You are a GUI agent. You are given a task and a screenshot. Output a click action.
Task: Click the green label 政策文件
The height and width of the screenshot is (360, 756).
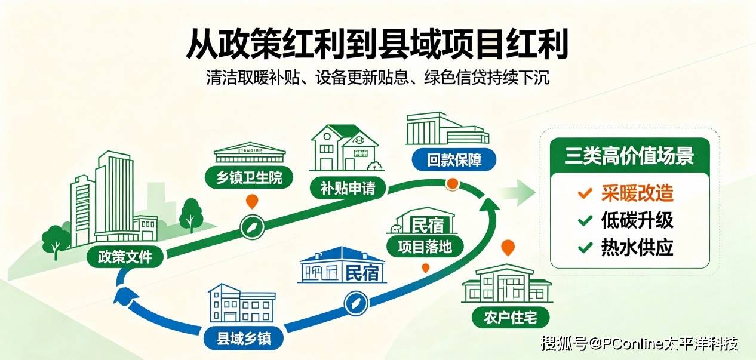[125, 257]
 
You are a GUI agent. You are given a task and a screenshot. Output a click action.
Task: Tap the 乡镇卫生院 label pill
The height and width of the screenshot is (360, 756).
[249, 177]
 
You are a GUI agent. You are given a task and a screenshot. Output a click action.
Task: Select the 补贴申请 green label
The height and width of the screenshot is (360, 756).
[348, 188]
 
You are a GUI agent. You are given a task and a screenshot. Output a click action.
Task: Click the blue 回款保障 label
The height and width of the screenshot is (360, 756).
[454, 159]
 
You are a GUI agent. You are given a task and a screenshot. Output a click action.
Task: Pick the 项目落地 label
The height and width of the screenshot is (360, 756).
[425, 247]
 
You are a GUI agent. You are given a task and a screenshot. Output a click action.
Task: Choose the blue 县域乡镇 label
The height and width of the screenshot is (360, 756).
[244, 339]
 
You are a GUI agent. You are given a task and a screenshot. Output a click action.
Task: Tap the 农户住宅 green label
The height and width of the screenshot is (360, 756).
[511, 318]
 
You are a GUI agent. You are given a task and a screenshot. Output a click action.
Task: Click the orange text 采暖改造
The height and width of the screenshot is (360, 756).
[637, 193]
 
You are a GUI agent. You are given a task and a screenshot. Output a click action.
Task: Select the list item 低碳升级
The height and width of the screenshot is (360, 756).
[637, 220]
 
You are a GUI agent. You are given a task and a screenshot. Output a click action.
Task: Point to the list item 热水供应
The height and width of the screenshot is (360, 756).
[637, 247]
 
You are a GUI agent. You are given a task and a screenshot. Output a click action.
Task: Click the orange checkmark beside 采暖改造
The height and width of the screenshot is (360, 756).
[585, 193]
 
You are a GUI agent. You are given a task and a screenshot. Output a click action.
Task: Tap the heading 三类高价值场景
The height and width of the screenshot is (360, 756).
[629, 156]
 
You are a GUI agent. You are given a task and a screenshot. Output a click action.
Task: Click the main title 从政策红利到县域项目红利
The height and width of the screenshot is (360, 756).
[377, 44]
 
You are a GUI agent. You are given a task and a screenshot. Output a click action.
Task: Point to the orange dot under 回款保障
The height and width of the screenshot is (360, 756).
[452, 184]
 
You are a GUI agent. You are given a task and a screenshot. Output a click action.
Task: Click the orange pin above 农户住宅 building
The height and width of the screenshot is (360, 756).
[508, 247]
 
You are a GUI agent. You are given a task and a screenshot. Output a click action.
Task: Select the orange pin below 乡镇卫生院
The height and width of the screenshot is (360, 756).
[252, 201]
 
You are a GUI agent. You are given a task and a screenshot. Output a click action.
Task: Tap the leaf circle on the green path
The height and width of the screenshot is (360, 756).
[252, 227]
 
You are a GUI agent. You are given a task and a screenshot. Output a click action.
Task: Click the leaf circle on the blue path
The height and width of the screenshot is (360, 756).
[356, 303]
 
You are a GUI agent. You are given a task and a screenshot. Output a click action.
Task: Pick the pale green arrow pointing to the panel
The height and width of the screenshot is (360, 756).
[518, 193]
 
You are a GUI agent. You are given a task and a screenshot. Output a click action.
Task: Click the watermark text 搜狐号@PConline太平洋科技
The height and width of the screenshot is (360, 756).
[640, 343]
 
